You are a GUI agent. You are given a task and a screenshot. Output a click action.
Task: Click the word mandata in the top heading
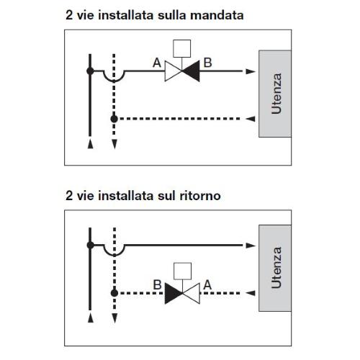217,15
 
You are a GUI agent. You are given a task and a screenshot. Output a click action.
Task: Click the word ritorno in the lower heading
200,196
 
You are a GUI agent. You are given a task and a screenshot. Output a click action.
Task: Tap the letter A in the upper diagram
157,63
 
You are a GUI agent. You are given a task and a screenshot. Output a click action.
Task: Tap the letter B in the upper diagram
208,63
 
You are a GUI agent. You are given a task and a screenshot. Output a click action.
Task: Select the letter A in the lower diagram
207,285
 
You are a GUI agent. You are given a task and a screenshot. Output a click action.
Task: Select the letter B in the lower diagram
157,285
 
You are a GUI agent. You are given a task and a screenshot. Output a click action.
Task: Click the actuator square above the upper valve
182,48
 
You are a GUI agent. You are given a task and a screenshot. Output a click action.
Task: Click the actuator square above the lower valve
182,271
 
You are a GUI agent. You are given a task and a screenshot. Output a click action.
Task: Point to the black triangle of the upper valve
191,71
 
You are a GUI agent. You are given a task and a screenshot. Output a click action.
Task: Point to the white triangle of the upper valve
174,71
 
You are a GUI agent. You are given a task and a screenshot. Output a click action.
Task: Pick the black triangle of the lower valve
174,293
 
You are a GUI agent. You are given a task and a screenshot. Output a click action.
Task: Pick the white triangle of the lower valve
192,293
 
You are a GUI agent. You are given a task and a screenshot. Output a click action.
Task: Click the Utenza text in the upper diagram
276,94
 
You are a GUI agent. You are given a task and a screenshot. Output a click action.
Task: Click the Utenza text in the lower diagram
276,268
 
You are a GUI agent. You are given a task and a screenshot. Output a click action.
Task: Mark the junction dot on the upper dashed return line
114,119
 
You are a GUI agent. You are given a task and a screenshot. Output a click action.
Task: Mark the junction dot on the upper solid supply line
90,71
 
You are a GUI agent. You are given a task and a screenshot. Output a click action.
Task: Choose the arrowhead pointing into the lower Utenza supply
251,246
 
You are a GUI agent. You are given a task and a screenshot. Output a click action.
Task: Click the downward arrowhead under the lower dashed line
114,318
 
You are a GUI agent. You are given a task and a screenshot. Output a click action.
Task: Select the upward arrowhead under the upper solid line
91,144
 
